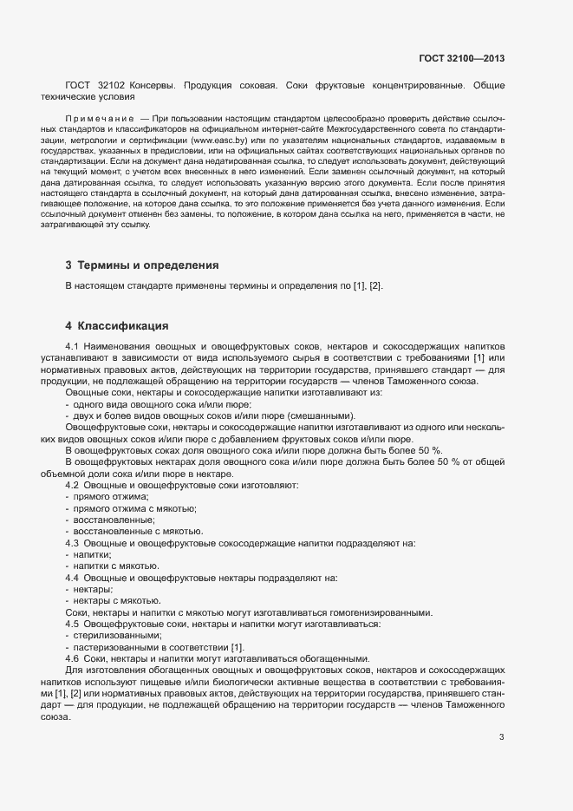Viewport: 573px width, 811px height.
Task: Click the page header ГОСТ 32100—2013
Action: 460,58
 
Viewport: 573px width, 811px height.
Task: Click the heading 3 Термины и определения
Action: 141,265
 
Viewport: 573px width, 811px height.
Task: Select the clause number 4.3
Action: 73,542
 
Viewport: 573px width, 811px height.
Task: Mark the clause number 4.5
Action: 73,624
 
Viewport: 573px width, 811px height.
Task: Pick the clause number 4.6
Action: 73,657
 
